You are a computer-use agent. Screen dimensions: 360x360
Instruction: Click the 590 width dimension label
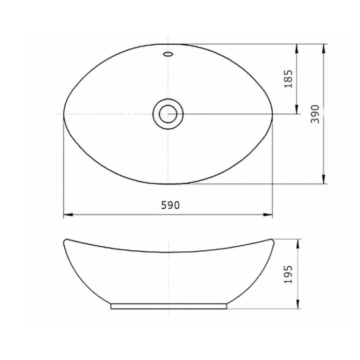tap(170, 205)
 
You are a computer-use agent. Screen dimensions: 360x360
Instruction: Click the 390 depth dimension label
tap(315, 114)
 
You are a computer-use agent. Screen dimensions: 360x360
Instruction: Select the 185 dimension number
tap(288, 79)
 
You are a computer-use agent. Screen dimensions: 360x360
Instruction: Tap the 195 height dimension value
tap(288, 275)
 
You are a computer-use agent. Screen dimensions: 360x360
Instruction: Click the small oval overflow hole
tap(168, 54)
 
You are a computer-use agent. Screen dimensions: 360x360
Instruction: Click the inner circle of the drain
tap(168, 114)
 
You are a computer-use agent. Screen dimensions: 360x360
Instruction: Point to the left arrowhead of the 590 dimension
tap(68, 215)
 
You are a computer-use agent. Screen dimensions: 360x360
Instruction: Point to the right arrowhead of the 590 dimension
tap(268, 215)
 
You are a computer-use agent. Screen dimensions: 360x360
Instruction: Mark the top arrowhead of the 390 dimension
tap(324, 48)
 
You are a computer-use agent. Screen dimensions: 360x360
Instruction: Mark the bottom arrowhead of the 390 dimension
tap(324, 179)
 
